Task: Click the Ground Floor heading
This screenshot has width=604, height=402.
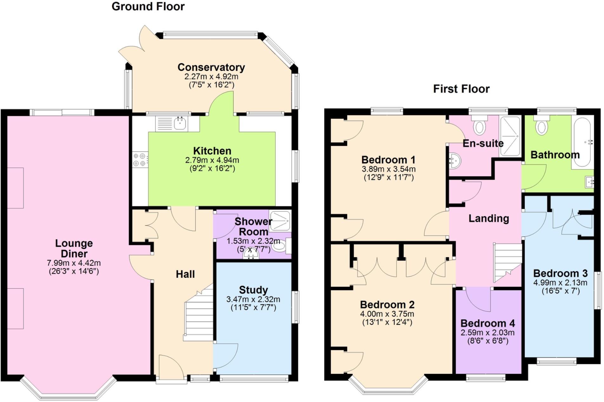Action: [148, 7]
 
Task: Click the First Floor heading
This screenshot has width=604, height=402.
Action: [461, 89]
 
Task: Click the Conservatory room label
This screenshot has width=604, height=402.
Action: [211, 67]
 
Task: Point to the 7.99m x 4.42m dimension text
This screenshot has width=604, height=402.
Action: [74, 263]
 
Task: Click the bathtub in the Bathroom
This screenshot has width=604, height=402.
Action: [582, 142]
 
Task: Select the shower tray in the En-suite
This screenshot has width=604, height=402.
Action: [510, 136]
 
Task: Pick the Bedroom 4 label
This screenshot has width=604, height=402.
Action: [487, 323]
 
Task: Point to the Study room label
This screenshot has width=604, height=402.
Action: [253, 290]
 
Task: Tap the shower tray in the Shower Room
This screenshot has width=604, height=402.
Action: [280, 220]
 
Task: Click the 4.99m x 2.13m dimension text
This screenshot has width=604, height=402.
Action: [560, 283]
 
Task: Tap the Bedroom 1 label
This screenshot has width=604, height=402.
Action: [388, 160]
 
